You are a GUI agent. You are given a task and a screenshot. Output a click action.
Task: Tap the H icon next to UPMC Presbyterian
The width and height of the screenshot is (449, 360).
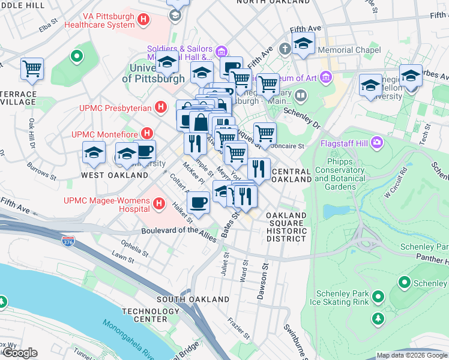(x=160, y=108)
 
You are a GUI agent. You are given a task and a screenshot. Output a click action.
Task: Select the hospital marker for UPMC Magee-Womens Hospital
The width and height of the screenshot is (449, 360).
(x=159, y=204)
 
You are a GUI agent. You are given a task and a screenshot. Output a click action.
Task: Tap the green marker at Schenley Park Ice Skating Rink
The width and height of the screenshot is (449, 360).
(x=378, y=296)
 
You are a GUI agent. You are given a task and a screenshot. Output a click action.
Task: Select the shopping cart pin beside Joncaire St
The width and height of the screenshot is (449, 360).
(x=265, y=133)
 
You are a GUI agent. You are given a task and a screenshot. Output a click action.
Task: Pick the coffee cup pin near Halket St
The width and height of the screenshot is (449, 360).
(x=198, y=202)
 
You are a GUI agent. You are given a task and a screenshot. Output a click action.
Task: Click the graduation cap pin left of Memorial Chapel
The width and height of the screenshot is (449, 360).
(x=303, y=43)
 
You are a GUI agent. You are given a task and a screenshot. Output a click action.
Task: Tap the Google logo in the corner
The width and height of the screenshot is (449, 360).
(x=20, y=353)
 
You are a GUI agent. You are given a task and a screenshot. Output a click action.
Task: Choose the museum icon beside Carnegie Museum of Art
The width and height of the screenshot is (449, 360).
(x=327, y=77)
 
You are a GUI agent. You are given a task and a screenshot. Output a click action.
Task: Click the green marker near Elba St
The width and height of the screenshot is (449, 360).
(x=76, y=58)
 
